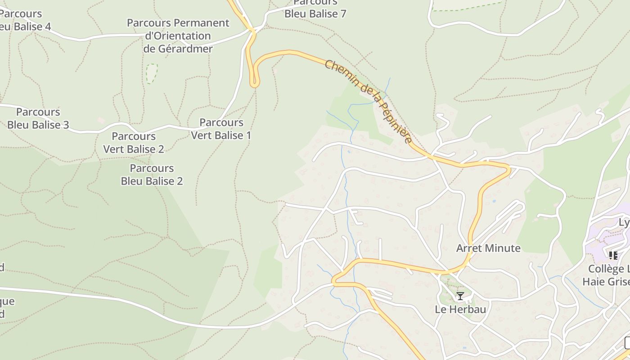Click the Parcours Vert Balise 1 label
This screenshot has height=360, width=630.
point(221,129)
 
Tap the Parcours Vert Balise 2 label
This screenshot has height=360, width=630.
point(134,142)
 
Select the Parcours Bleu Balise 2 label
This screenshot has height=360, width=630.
point(152,175)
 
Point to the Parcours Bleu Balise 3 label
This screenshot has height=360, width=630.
point(38,118)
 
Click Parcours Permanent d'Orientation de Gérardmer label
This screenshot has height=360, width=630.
point(178,36)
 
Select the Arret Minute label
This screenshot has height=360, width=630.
point(488,248)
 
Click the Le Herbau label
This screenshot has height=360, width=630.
point(460,309)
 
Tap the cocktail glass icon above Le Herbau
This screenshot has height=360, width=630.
point(460,296)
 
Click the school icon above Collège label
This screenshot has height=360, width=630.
point(613,256)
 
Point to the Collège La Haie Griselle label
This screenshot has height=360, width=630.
point(607,275)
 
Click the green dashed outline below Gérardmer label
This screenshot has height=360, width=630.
point(152,73)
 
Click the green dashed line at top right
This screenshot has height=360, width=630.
point(468,6)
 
